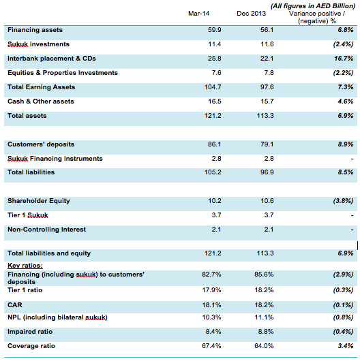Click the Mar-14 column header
198,14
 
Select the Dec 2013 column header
251,14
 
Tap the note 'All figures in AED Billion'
313,6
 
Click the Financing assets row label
35,30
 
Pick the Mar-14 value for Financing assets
215,30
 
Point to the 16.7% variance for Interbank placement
344,59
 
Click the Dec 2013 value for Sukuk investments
267,44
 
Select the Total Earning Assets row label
42,87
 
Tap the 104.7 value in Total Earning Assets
213,87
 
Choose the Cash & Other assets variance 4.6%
346,101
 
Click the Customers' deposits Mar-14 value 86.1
214,144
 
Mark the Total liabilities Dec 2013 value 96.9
267,172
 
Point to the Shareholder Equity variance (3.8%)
343,201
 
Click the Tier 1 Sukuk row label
28,215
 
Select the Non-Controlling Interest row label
47,230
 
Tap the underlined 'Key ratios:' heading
25,266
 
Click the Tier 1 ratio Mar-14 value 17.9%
211,290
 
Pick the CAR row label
15,305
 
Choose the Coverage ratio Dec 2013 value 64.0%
264,346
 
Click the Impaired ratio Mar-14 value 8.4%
213,332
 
